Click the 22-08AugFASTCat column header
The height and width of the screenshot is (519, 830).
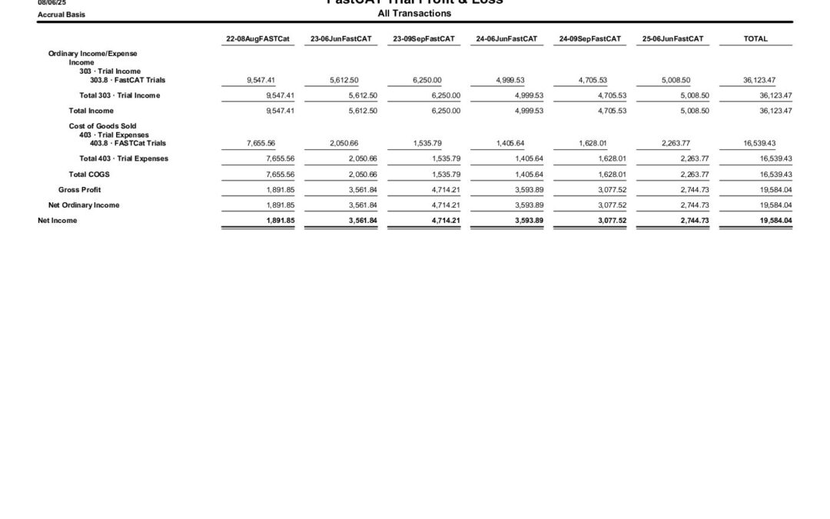[x=257, y=38]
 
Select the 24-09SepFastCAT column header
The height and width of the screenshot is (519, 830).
[x=589, y=38]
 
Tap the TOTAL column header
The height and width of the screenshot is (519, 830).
[x=755, y=38]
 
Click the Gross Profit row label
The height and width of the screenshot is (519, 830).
[x=79, y=190]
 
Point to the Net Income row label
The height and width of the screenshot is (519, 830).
[x=58, y=221]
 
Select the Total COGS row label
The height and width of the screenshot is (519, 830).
[x=89, y=175]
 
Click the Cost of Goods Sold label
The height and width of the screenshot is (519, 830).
[x=102, y=126]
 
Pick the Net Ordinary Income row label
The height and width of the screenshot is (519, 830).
[x=84, y=205]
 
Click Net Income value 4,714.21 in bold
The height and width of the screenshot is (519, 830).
[x=445, y=221]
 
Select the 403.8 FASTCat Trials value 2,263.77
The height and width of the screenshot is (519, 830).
[x=676, y=143]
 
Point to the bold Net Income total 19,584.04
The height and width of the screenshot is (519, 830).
[x=775, y=221]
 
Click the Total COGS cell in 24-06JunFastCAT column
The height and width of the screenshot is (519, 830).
[x=528, y=175]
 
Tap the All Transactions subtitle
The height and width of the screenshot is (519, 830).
[x=414, y=14]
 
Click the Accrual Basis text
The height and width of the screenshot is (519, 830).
[x=61, y=15]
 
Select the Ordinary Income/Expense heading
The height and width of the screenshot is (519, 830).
[x=92, y=54]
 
